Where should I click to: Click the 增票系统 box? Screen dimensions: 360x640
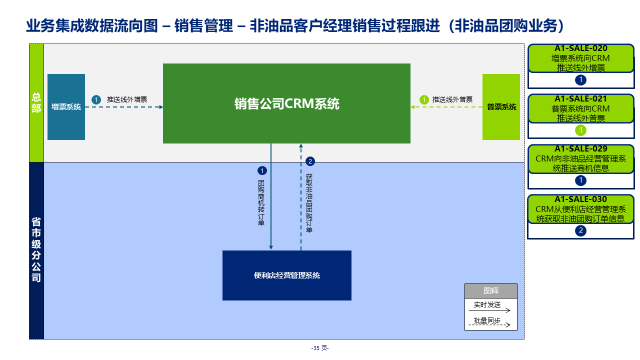point(66,106)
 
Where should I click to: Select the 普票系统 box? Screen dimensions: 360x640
point(501,106)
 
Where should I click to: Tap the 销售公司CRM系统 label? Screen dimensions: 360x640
point(286,103)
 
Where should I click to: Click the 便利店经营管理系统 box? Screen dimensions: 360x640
point(286,275)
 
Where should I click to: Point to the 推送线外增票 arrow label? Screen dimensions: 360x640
point(127,99)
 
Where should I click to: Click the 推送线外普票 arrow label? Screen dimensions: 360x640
point(452,99)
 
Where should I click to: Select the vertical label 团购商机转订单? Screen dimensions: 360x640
point(261,202)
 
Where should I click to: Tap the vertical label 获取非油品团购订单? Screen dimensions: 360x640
point(309,203)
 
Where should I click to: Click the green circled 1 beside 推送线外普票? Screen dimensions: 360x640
point(424,99)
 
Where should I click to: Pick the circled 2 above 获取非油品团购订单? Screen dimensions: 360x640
point(310,161)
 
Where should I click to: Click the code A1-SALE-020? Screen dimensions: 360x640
point(581,48)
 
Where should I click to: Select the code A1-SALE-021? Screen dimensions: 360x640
point(581,98)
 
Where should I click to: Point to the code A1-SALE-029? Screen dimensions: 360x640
point(581,148)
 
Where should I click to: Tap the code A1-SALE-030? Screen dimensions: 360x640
point(581,199)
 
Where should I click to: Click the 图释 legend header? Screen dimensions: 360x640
point(490,290)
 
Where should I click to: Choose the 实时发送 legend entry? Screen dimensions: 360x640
point(487,304)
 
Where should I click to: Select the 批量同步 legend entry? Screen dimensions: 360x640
point(487,320)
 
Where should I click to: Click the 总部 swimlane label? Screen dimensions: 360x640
point(36,102)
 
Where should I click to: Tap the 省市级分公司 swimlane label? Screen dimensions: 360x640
point(36,250)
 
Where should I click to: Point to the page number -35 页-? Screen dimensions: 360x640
point(320,348)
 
